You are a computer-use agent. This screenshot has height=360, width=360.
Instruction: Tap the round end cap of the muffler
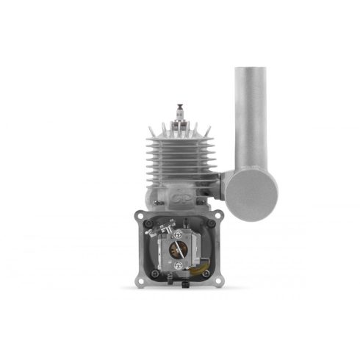(251, 195)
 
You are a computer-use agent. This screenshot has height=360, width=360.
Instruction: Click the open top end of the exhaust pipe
(253, 71)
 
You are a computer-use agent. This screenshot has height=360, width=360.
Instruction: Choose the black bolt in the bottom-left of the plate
(154, 276)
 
